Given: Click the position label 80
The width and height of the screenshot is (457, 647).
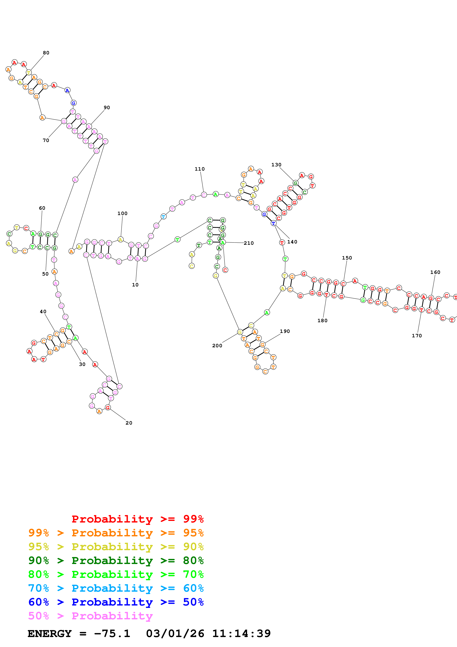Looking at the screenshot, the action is pyautogui.click(x=46, y=53).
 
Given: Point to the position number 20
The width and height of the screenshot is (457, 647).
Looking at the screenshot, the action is pyautogui.click(x=129, y=423).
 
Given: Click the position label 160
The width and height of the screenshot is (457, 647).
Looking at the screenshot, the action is pyautogui.click(x=435, y=272).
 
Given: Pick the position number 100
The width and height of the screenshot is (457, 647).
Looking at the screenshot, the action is pyautogui.click(x=122, y=213).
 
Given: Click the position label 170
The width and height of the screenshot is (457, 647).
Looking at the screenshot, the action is pyautogui.click(x=417, y=336).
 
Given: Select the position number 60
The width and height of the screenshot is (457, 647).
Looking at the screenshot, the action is pyautogui.click(x=42, y=208).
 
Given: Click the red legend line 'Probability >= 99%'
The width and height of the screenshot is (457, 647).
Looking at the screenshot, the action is pyautogui.click(x=137, y=519).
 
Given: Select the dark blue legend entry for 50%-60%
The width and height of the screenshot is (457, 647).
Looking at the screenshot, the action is pyautogui.click(x=116, y=602).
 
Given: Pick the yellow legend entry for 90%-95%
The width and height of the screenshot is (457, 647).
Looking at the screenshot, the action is pyautogui.click(x=116, y=546).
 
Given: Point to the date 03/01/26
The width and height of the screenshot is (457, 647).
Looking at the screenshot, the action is pyautogui.click(x=175, y=634).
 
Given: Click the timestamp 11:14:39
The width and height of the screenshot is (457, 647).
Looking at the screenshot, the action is pyautogui.click(x=241, y=634).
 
